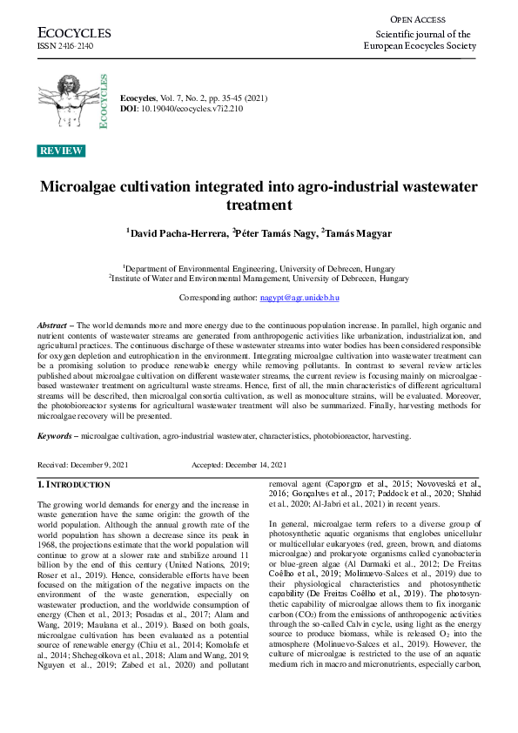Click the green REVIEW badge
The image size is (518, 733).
pyautogui.click(x=62, y=151)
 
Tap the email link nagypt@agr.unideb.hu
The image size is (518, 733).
pyautogui.click(x=299, y=298)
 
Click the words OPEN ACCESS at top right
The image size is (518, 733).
pyautogui.click(x=418, y=18)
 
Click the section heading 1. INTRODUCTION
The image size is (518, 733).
pyautogui.click(x=74, y=483)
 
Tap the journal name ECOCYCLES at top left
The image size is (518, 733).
pyautogui.click(x=74, y=33)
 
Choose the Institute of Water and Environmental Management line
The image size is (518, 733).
pyautogui.click(x=259, y=279)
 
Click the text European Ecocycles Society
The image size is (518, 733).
pyautogui.click(x=418, y=46)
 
